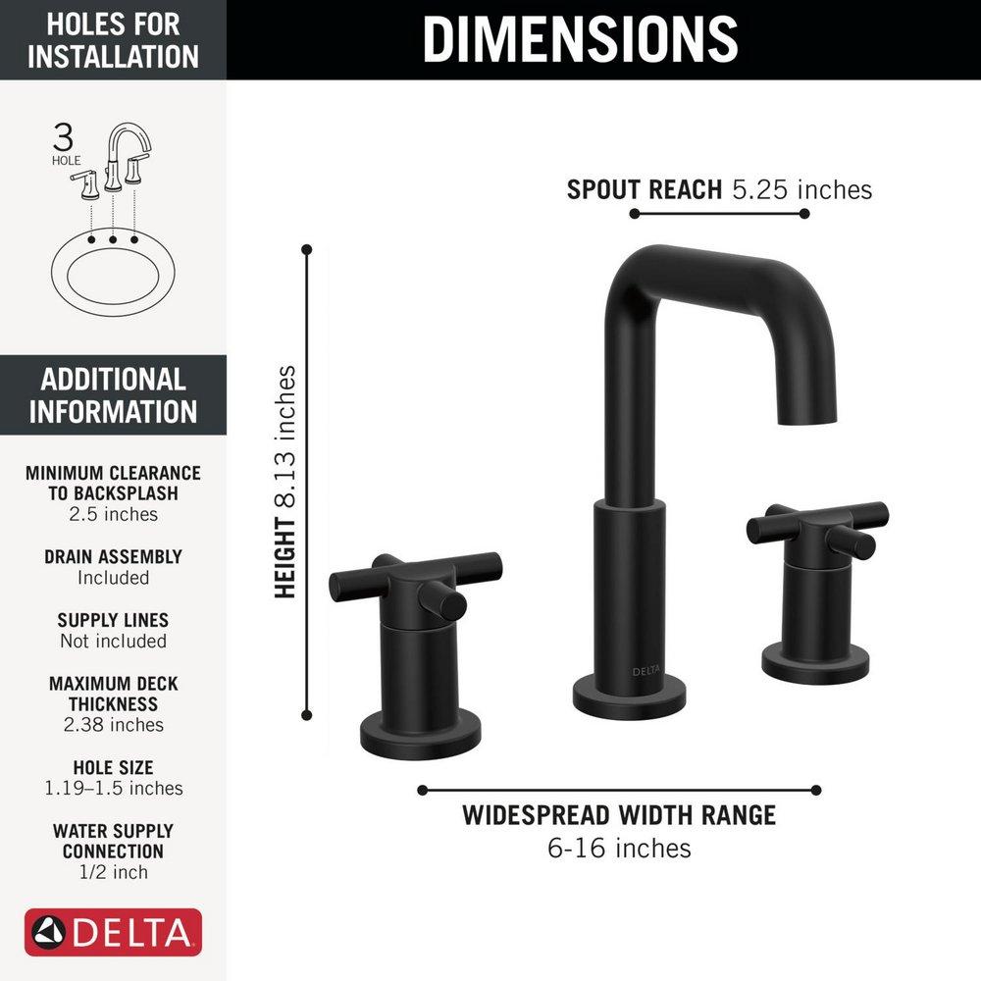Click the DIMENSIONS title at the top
coord(580,38)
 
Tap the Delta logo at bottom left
coord(114,932)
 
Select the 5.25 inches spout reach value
coord(802,189)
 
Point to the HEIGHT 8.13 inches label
coord(284,482)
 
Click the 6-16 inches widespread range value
coord(619,848)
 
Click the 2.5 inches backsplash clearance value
coord(113,514)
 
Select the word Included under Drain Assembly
coord(113,578)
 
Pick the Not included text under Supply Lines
coord(113,641)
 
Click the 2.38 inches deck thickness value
coord(113,725)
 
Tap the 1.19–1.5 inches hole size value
coord(113,788)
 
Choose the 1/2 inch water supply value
coord(113,872)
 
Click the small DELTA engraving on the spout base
coord(645,671)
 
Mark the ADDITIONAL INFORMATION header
coord(113,394)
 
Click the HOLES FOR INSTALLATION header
coord(113,39)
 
